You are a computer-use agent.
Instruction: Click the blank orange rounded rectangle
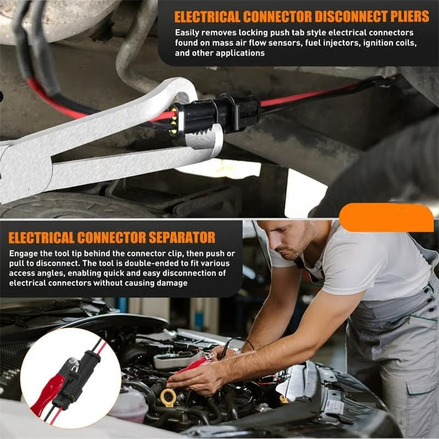point(386,218)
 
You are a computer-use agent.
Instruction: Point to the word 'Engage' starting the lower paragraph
point(24,254)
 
